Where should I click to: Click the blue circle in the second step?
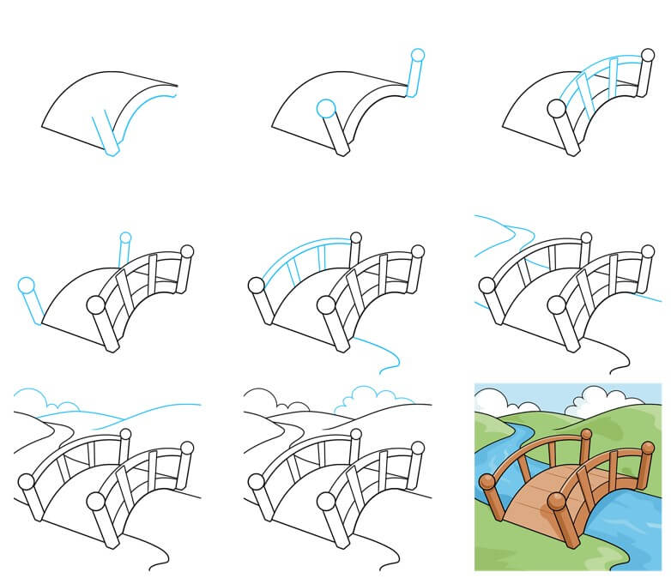325,108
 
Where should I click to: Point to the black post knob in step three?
556,109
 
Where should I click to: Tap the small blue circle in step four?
125,238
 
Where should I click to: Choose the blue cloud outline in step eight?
369,395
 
